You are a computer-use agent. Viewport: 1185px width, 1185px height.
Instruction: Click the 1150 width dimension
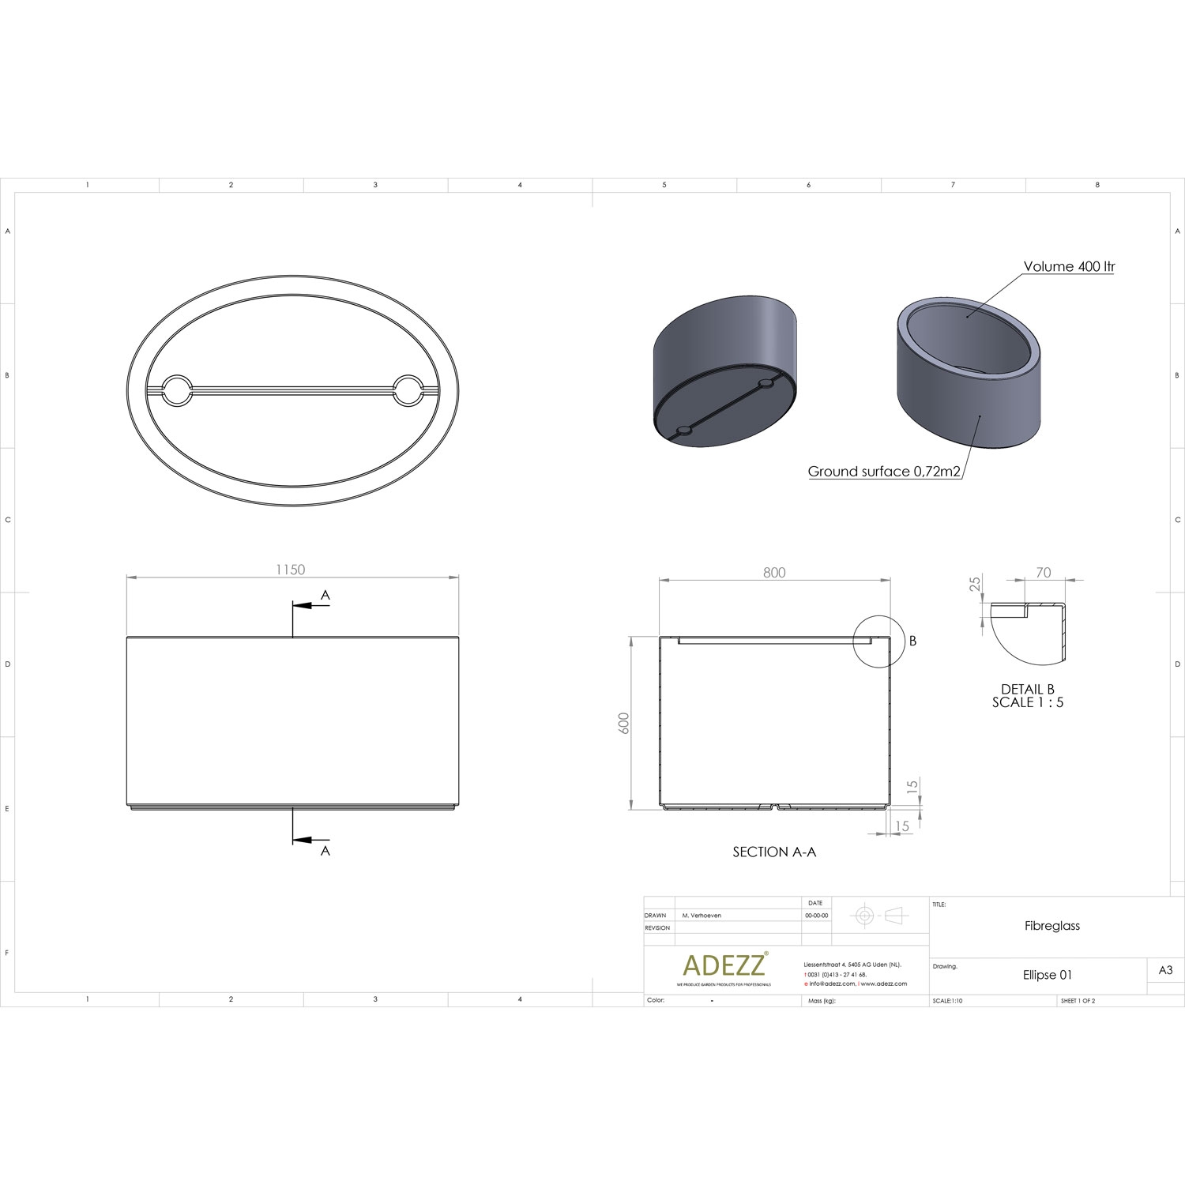pyautogui.click(x=290, y=570)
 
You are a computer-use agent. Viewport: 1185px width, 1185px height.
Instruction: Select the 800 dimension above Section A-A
pyautogui.click(x=774, y=572)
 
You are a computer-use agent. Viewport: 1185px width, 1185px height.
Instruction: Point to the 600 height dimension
pyautogui.click(x=624, y=723)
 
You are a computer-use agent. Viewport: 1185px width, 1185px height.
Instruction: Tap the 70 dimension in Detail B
pyautogui.click(x=1043, y=573)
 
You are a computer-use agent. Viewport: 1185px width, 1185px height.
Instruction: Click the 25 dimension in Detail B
pyautogui.click(x=976, y=584)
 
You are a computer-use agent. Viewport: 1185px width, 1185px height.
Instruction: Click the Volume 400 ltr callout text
pyautogui.click(x=1069, y=267)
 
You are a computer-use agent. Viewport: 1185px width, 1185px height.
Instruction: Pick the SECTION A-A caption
pyautogui.click(x=774, y=852)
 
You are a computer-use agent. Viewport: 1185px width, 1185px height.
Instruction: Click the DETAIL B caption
pyautogui.click(x=1027, y=690)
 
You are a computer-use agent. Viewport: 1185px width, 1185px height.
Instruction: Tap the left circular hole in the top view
pyautogui.click(x=176, y=390)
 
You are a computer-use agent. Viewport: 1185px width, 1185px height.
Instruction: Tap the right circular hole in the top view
pyautogui.click(x=408, y=390)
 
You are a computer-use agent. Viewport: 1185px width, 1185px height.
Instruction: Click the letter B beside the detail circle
pyautogui.click(x=912, y=641)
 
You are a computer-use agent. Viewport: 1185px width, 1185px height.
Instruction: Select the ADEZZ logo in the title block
pyautogui.click(x=724, y=965)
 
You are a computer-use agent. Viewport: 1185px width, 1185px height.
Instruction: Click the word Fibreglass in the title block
pyautogui.click(x=1051, y=926)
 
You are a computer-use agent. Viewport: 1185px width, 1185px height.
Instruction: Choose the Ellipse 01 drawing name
pyautogui.click(x=1048, y=975)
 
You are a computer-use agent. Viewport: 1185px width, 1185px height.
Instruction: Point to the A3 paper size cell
pyautogui.click(x=1165, y=970)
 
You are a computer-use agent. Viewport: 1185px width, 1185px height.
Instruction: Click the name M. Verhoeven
pyautogui.click(x=702, y=916)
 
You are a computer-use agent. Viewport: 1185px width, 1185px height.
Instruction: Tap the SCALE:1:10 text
pyautogui.click(x=948, y=1001)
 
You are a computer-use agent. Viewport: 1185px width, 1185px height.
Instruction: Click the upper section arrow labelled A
pyautogui.click(x=311, y=605)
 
